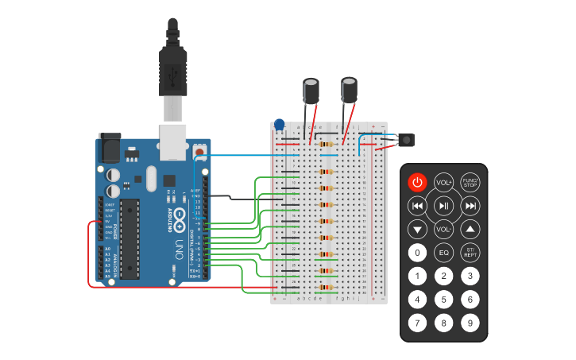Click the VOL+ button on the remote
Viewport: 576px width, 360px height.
443,182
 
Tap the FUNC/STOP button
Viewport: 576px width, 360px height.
470,182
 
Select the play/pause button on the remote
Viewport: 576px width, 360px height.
443,206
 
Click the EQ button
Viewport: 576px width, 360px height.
444,253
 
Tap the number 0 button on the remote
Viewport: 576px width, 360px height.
416,253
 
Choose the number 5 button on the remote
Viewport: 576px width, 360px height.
444,300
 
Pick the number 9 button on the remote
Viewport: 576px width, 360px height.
470,323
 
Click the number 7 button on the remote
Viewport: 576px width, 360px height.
416,323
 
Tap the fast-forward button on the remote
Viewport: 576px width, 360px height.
470,206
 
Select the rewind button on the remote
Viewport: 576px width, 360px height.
416,206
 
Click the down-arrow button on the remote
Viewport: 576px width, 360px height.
416,230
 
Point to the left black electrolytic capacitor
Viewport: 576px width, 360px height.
311,90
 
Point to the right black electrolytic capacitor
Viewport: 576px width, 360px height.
349,89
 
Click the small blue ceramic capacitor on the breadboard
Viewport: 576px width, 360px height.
279,125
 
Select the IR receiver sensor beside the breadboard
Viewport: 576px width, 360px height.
406,141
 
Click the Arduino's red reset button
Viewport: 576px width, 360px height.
199,149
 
